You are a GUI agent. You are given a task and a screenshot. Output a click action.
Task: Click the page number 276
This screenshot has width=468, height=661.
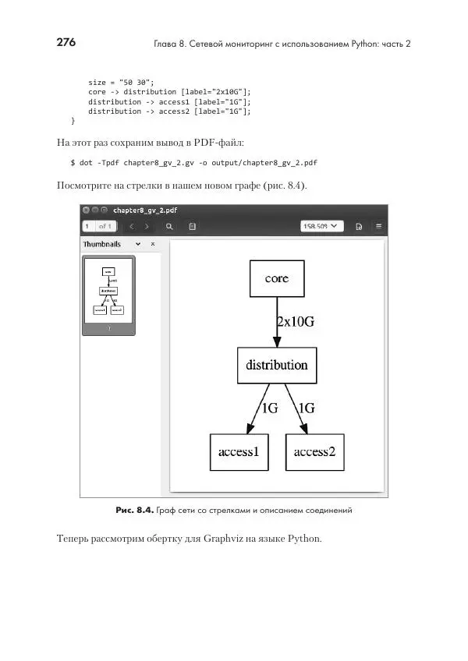[x=66, y=43]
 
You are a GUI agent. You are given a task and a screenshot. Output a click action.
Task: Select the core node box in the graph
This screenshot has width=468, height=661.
[x=276, y=278]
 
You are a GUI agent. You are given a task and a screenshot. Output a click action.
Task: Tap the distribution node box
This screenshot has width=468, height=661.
[x=276, y=365]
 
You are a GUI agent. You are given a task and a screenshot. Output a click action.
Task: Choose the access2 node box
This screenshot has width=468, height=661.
[x=314, y=452]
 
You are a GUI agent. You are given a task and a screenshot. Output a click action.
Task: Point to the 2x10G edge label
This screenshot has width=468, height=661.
[x=296, y=321]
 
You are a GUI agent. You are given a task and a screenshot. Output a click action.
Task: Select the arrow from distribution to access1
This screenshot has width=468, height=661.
[x=257, y=408]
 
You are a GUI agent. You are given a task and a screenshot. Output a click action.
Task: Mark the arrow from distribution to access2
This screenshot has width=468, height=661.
[x=296, y=408]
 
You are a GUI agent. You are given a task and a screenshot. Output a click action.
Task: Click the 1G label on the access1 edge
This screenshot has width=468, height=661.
[x=269, y=408]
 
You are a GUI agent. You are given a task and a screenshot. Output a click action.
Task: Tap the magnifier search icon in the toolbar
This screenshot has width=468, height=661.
[x=168, y=226]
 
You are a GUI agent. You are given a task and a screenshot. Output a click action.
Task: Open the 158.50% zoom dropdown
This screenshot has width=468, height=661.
[x=322, y=226]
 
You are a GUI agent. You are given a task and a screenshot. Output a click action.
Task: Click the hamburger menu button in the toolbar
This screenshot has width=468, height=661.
[x=378, y=226]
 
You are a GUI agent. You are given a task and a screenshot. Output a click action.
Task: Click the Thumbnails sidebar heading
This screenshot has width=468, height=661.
[x=102, y=244]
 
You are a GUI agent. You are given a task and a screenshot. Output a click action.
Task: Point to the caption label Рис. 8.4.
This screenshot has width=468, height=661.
[x=133, y=510]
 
